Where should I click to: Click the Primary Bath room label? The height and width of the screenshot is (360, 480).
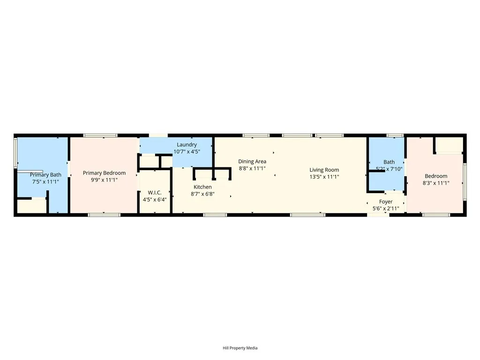tap(45, 175)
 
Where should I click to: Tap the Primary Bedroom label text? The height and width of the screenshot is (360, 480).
tap(104, 173)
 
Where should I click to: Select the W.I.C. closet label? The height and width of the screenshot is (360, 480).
tap(155, 193)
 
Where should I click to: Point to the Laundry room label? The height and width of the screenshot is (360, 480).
tap(187, 145)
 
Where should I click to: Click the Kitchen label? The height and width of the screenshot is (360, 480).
tap(202, 187)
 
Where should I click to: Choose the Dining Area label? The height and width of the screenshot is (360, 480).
tap(252, 162)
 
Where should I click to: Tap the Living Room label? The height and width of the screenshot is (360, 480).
tap(324, 170)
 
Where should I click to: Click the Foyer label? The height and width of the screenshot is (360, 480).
tap(386, 202)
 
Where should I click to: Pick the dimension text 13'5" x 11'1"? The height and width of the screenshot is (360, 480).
tap(324, 177)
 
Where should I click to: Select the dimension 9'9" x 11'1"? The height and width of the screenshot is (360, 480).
tap(104, 180)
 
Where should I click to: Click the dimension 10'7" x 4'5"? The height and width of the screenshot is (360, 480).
tap(187, 151)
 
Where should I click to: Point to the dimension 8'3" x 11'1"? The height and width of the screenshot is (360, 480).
tap(436, 183)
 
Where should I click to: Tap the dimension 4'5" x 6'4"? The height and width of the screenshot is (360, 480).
tap(155, 199)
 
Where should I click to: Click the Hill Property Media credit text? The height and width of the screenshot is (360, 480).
tap(240, 348)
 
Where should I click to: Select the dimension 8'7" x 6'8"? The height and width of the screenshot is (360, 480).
tap(202, 194)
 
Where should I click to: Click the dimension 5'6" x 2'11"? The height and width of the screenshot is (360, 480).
tap(386, 209)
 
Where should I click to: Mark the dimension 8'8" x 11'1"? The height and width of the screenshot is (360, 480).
tap(252, 168)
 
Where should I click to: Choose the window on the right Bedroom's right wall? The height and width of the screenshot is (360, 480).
tap(465, 181)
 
